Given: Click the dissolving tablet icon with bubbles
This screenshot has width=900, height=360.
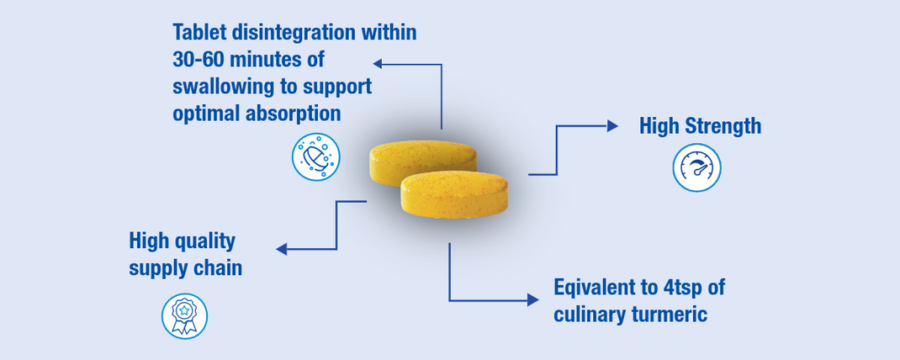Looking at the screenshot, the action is pos(316,156).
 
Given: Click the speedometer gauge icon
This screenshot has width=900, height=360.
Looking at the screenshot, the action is pos(696,167).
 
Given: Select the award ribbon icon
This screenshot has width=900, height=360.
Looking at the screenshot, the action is pos(184,315).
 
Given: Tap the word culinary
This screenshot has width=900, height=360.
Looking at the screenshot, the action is pos(589,315).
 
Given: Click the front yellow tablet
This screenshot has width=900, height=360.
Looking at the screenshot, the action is pos(454,194).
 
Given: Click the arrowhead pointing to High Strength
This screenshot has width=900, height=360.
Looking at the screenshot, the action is pos(612,125).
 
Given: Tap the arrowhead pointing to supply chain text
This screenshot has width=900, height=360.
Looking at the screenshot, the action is pos(281,249).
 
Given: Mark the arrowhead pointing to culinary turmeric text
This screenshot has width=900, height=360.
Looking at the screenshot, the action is pos(533,299).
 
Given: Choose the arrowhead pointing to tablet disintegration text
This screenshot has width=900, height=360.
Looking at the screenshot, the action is pos(379,64).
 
